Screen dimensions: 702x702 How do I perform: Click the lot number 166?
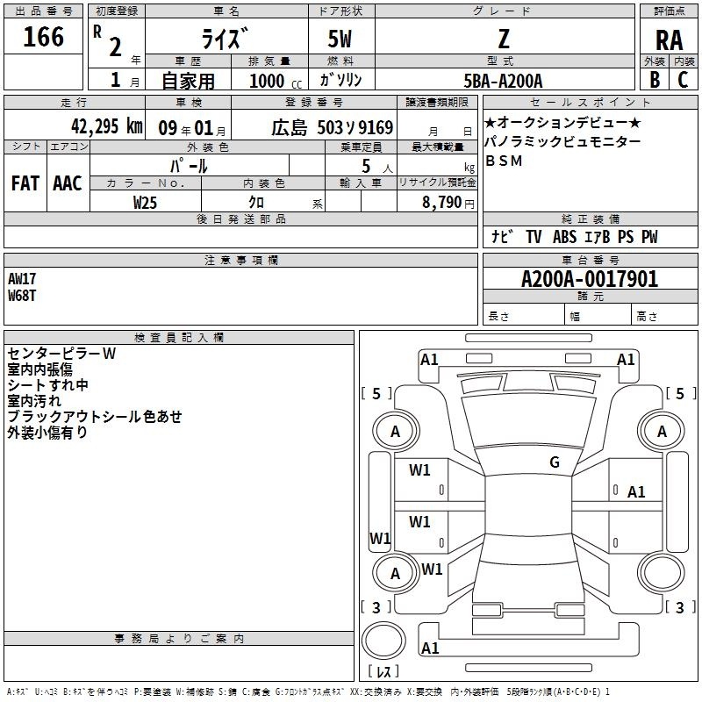(43, 37)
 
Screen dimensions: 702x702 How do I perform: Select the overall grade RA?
(669, 40)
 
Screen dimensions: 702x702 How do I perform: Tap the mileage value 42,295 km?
(106, 126)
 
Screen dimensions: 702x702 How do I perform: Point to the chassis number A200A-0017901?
(590, 279)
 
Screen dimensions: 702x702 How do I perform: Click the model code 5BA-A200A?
(503, 81)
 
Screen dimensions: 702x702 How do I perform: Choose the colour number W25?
(145, 203)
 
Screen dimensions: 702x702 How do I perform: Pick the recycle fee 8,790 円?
(448, 203)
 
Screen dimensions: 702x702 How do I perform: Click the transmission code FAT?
(25, 183)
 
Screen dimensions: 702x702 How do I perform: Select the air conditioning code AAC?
(68, 183)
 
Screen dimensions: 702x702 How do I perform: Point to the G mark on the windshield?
(555, 462)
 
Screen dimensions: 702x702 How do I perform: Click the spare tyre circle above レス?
(383, 641)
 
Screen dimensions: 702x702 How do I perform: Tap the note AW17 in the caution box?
(21, 279)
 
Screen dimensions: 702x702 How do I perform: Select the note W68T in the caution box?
(21, 296)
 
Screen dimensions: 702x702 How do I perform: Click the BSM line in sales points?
(504, 161)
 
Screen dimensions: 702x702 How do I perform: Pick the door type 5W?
(340, 39)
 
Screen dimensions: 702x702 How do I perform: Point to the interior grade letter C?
(683, 80)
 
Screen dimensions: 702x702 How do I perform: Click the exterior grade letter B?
(655, 80)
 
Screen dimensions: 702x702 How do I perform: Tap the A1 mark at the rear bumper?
(430, 648)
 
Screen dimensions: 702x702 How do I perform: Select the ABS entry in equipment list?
(564, 237)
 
